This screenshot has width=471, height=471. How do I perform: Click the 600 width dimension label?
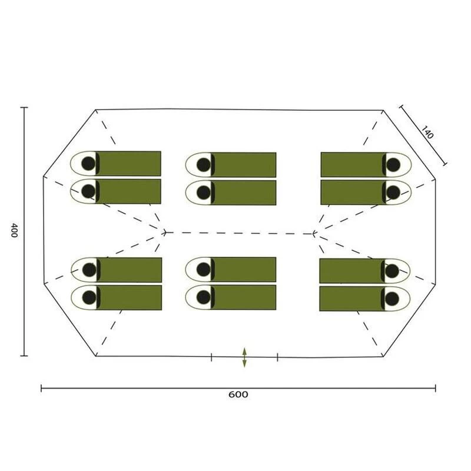238,394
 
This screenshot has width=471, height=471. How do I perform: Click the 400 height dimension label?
14,230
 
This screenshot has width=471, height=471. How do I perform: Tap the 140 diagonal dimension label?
427,132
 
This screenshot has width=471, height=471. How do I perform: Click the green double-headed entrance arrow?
244,357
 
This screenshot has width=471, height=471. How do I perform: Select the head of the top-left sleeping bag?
88,164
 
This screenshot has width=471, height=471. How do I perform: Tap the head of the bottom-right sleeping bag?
392,298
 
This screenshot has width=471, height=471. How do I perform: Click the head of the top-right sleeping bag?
393,165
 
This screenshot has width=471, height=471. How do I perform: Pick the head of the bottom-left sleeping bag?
89,297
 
